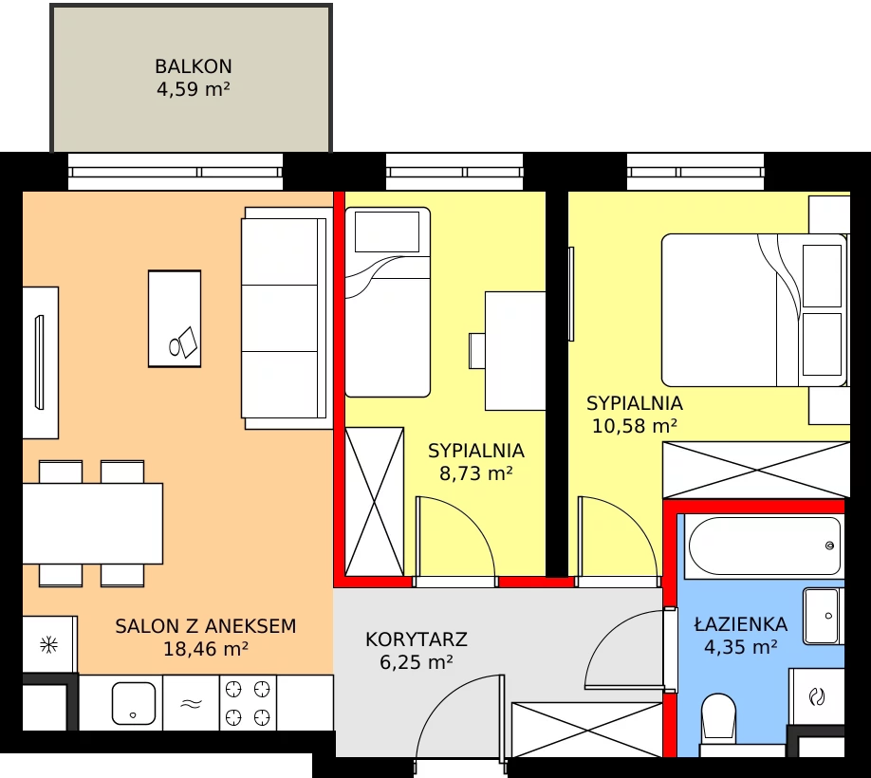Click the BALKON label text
pyautogui.click(x=194, y=66)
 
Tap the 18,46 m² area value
pyautogui.click(x=206, y=649)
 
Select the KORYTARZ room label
pyautogui.click(x=417, y=639)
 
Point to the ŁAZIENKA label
pyautogui.click(x=741, y=623)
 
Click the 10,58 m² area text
pyautogui.click(x=635, y=426)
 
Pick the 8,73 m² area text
pyautogui.click(x=476, y=473)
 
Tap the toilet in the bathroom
pyautogui.click(x=719, y=719)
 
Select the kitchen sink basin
pyautogui.click(x=134, y=703)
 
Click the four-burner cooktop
pyautogui.click(x=248, y=703)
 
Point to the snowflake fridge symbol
pyautogui.click(x=49, y=645)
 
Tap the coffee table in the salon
pyautogui.click(x=175, y=319)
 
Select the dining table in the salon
pyautogui.click(x=92, y=524)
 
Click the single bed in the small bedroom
pyautogui.click(x=388, y=302)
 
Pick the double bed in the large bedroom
pyautogui.click(x=754, y=310)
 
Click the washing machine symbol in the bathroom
pyautogui.click(x=817, y=697)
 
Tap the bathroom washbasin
pyautogui.click(x=821, y=617)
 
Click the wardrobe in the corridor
pyautogui.click(x=587, y=730)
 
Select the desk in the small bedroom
pyautogui.click(x=515, y=351)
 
